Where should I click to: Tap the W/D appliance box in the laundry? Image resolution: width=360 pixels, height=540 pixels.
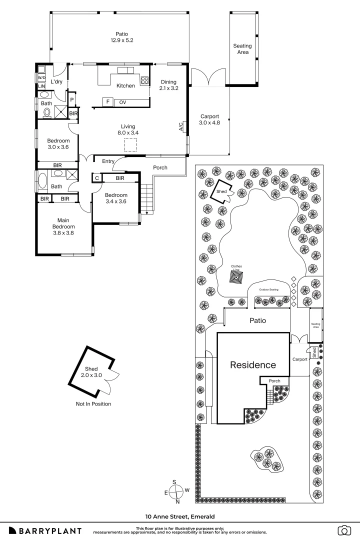pos(41,78)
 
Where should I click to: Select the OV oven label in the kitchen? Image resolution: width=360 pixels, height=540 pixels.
pos(122,102)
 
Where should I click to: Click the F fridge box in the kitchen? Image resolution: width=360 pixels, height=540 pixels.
pos(107,102)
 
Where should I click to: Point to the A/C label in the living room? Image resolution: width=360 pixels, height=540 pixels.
pos(180,127)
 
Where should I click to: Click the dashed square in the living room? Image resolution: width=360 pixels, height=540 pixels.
pos(130,145)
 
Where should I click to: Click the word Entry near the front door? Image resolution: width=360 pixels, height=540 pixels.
pos(108,161)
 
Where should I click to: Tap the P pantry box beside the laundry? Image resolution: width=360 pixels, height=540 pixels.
pos(72,99)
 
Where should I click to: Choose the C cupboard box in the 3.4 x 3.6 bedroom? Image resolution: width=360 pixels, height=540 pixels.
pos(96,178)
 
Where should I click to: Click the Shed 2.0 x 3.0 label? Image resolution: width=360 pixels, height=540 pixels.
pos(90,372)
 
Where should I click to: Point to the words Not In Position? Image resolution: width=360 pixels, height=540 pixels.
pos(93,404)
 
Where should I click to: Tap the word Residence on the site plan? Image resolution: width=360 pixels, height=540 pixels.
pos(252,365)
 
